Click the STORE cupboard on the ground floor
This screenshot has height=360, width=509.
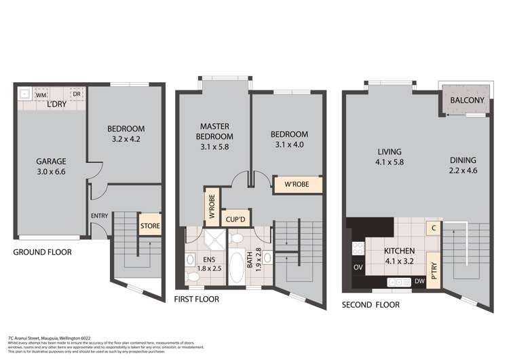pyautogui.click(x=149, y=225)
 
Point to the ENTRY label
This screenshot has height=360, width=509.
pyautogui.click(x=99, y=216)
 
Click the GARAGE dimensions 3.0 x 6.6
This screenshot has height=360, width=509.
pyautogui.click(x=51, y=172)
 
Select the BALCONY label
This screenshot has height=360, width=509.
pyautogui.click(x=467, y=101)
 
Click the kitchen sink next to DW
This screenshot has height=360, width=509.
pyautogui.click(x=396, y=281)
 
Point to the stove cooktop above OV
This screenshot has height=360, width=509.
pyautogui.click(x=356, y=249)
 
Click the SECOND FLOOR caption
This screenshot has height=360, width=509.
pyautogui.click(x=371, y=305)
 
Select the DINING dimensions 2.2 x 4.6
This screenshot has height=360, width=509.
pyautogui.click(x=462, y=171)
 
